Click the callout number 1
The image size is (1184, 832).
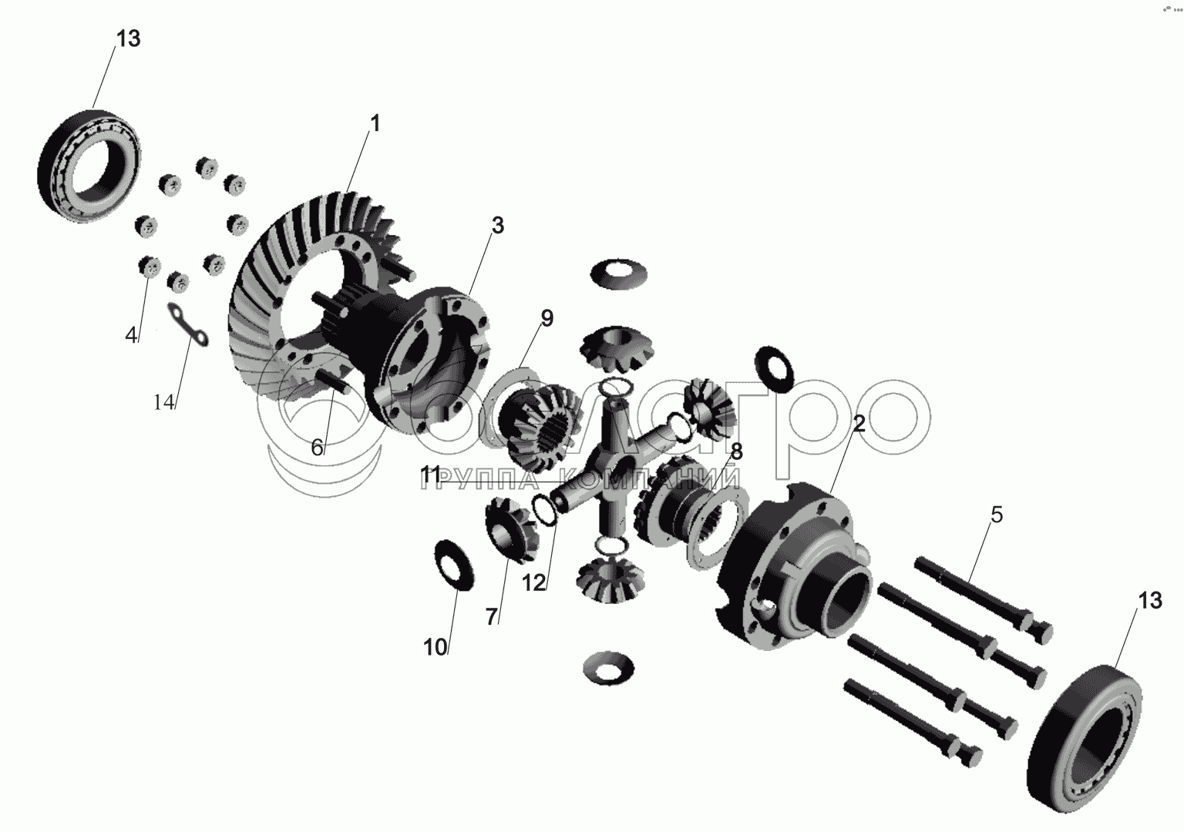click(x=375, y=124)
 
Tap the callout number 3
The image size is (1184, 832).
click(x=497, y=225)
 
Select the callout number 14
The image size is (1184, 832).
click(x=164, y=403)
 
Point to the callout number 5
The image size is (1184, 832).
click(x=997, y=515)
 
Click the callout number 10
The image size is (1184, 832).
click(x=436, y=647)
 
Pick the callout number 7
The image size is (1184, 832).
click(x=491, y=616)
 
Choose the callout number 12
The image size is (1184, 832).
click(x=534, y=583)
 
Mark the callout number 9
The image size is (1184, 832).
click(x=547, y=318)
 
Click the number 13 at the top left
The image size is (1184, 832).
click(x=129, y=39)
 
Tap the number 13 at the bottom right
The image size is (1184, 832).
click(x=1150, y=601)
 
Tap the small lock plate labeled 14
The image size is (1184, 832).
click(x=188, y=325)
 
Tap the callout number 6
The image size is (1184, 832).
click(x=317, y=448)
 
